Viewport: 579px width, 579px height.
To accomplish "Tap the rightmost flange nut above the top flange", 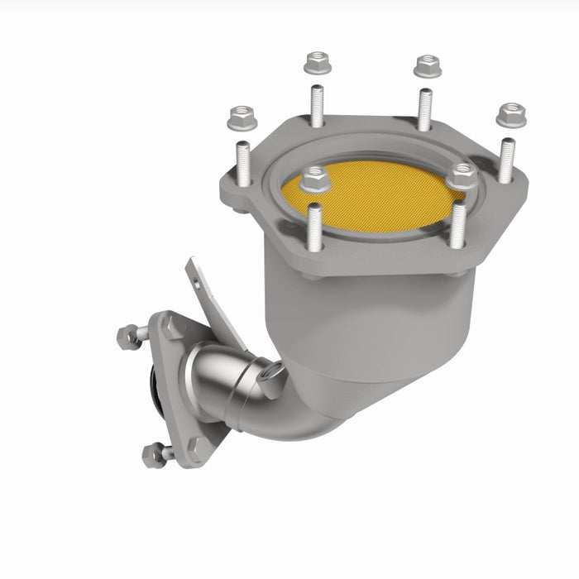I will [x=512, y=114].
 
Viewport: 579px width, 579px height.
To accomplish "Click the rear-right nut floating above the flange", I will [x=428, y=65].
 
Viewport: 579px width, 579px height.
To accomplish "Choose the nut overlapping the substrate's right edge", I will [x=461, y=176].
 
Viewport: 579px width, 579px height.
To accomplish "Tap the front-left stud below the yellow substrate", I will [x=314, y=225].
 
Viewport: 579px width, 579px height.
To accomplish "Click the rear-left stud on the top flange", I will [x=318, y=106].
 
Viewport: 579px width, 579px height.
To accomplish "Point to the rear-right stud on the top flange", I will [x=425, y=108].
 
